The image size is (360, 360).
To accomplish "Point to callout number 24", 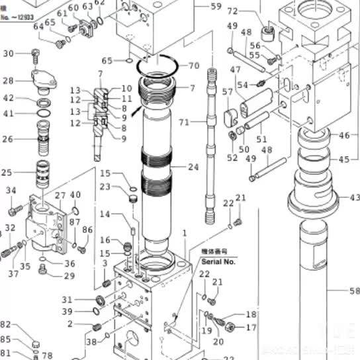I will click(193, 167).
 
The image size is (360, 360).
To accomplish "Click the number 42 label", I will click(9, 99).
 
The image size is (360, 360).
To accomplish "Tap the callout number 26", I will click(9, 139).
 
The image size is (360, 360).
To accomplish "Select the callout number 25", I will click(7, 173).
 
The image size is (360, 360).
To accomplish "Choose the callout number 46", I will click(344, 136).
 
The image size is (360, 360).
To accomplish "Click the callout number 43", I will click(355, 197).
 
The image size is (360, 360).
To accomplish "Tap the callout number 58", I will click(354, 290).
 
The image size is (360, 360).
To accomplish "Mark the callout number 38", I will click(91, 341).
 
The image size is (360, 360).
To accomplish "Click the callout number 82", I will click(6, 324).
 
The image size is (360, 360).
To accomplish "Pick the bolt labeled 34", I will click(14, 210).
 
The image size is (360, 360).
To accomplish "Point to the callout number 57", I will click(228, 91).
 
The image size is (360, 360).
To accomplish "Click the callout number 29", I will click(69, 276).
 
